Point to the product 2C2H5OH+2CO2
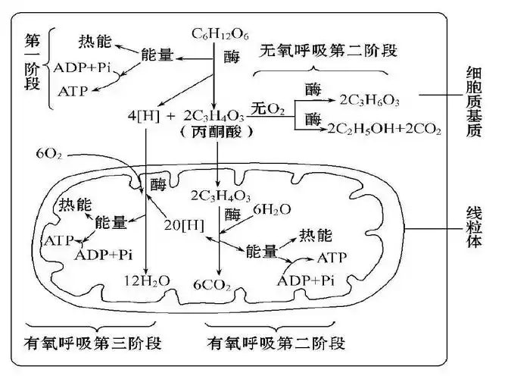pyautogui.click(x=384, y=129)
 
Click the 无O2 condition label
pyautogui.click(x=268, y=111)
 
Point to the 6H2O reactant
pyautogui.click(x=268, y=209)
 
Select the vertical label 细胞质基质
pyautogui.click(x=474, y=100)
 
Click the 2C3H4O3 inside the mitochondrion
pyautogui.click(x=219, y=193)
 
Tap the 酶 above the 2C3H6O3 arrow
pyautogui.click(x=313, y=89)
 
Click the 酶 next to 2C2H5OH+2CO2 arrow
pyautogui.click(x=313, y=120)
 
